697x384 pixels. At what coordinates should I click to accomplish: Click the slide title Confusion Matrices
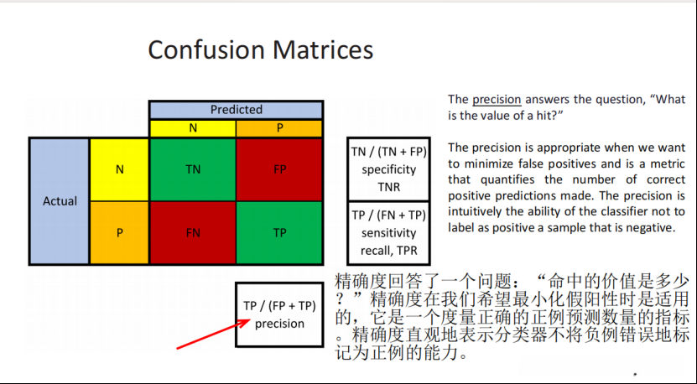(x=261, y=49)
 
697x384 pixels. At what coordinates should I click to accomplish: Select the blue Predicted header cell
(x=236, y=110)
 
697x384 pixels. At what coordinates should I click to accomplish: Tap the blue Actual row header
(x=60, y=201)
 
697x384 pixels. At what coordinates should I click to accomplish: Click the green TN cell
(x=193, y=169)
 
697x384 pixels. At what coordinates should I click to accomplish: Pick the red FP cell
(x=279, y=169)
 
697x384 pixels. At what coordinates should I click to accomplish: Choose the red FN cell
(x=193, y=232)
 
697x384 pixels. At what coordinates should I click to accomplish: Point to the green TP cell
(x=279, y=232)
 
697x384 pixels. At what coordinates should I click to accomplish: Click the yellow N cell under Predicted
(x=193, y=128)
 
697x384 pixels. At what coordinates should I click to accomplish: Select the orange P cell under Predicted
(x=279, y=128)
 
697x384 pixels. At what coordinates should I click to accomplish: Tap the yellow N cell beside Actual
(x=120, y=169)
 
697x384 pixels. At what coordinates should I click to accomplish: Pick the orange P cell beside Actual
(x=120, y=232)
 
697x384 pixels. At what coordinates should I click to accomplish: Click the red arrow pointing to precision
(x=213, y=335)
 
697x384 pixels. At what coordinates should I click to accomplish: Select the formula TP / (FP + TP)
(x=279, y=306)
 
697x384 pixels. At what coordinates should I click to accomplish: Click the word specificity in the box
(x=388, y=169)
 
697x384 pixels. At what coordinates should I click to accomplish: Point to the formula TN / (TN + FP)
(x=388, y=152)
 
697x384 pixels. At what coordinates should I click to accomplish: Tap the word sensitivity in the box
(x=388, y=233)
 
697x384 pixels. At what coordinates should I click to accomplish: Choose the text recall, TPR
(x=388, y=251)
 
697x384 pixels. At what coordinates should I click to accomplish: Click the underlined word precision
(x=497, y=100)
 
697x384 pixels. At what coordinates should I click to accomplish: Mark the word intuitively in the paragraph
(x=474, y=211)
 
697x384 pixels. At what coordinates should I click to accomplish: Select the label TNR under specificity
(x=389, y=187)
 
